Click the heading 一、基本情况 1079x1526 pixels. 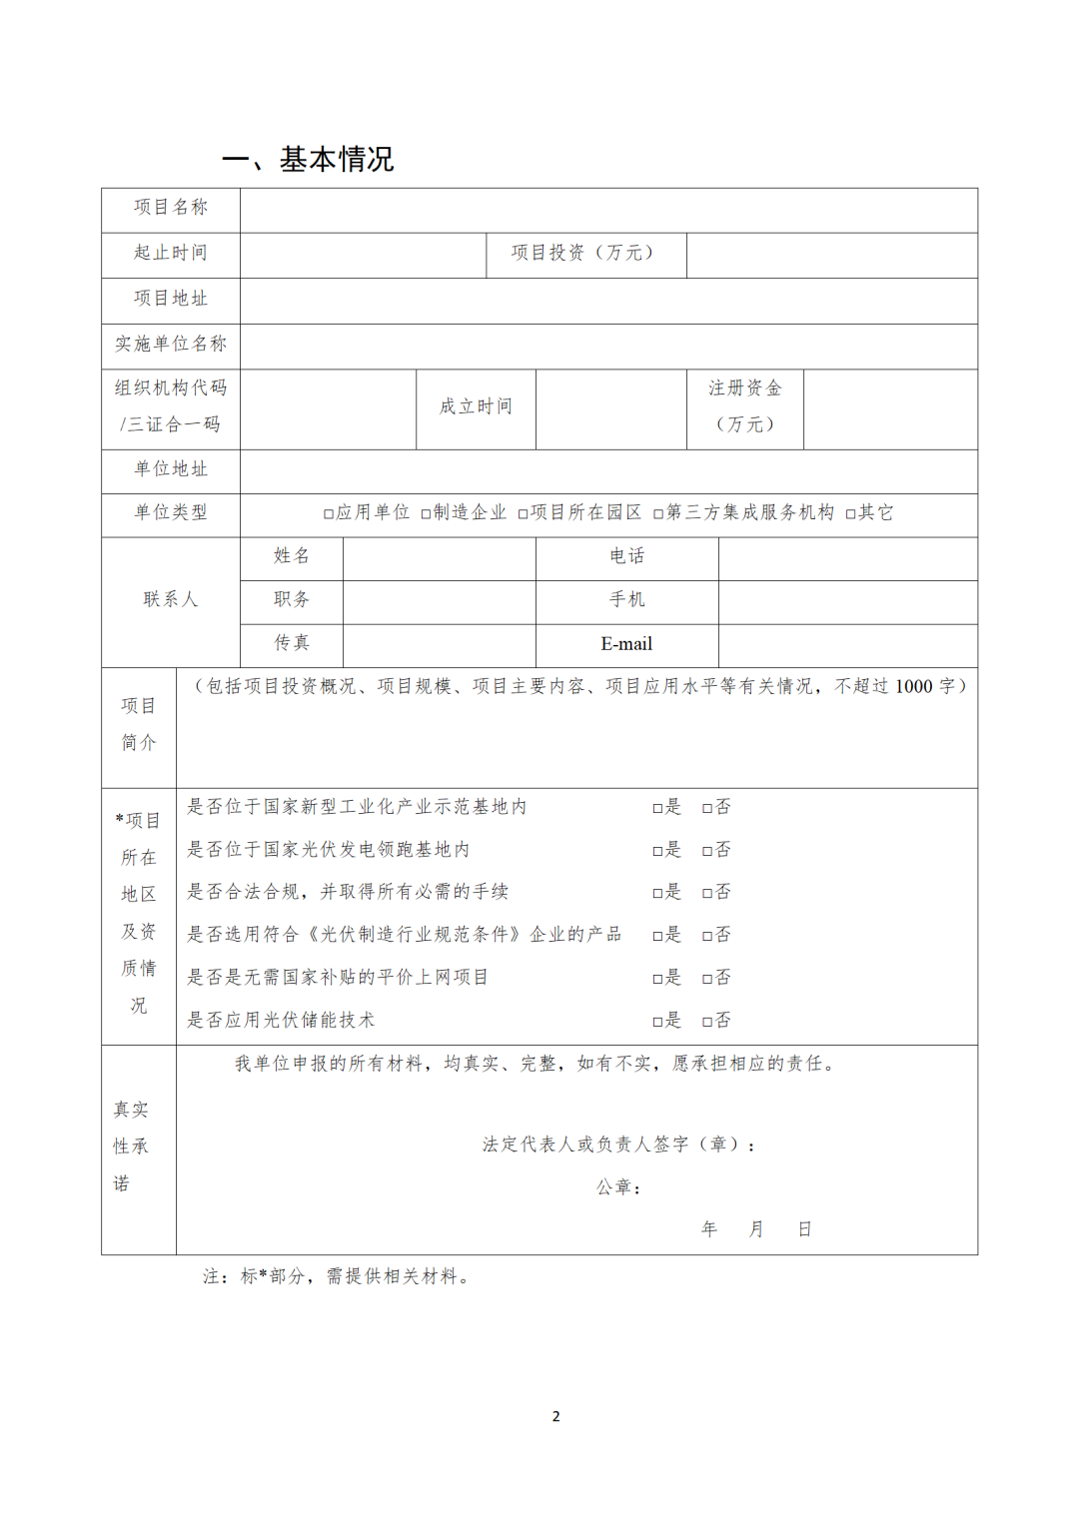[x=308, y=159]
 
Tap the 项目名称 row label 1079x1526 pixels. [x=171, y=208]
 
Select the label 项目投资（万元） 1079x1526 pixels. [x=584, y=254]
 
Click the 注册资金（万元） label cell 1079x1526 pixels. [x=744, y=406]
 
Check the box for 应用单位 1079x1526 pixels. [x=328, y=514]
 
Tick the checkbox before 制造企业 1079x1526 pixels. [x=426, y=514]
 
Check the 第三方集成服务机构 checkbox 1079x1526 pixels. [x=658, y=514]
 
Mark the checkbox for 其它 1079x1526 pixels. [x=850, y=514]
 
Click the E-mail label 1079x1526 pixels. [x=626, y=645]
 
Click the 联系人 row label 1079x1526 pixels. [x=171, y=599]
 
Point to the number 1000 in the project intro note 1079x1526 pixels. [x=913, y=687]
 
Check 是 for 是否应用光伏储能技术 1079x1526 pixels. [x=658, y=1022]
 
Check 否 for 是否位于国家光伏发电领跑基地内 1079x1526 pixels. [x=707, y=851]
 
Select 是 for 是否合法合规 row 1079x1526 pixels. [x=658, y=893]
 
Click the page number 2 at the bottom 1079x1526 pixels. [x=556, y=1417]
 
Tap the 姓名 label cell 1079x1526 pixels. [x=292, y=556]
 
